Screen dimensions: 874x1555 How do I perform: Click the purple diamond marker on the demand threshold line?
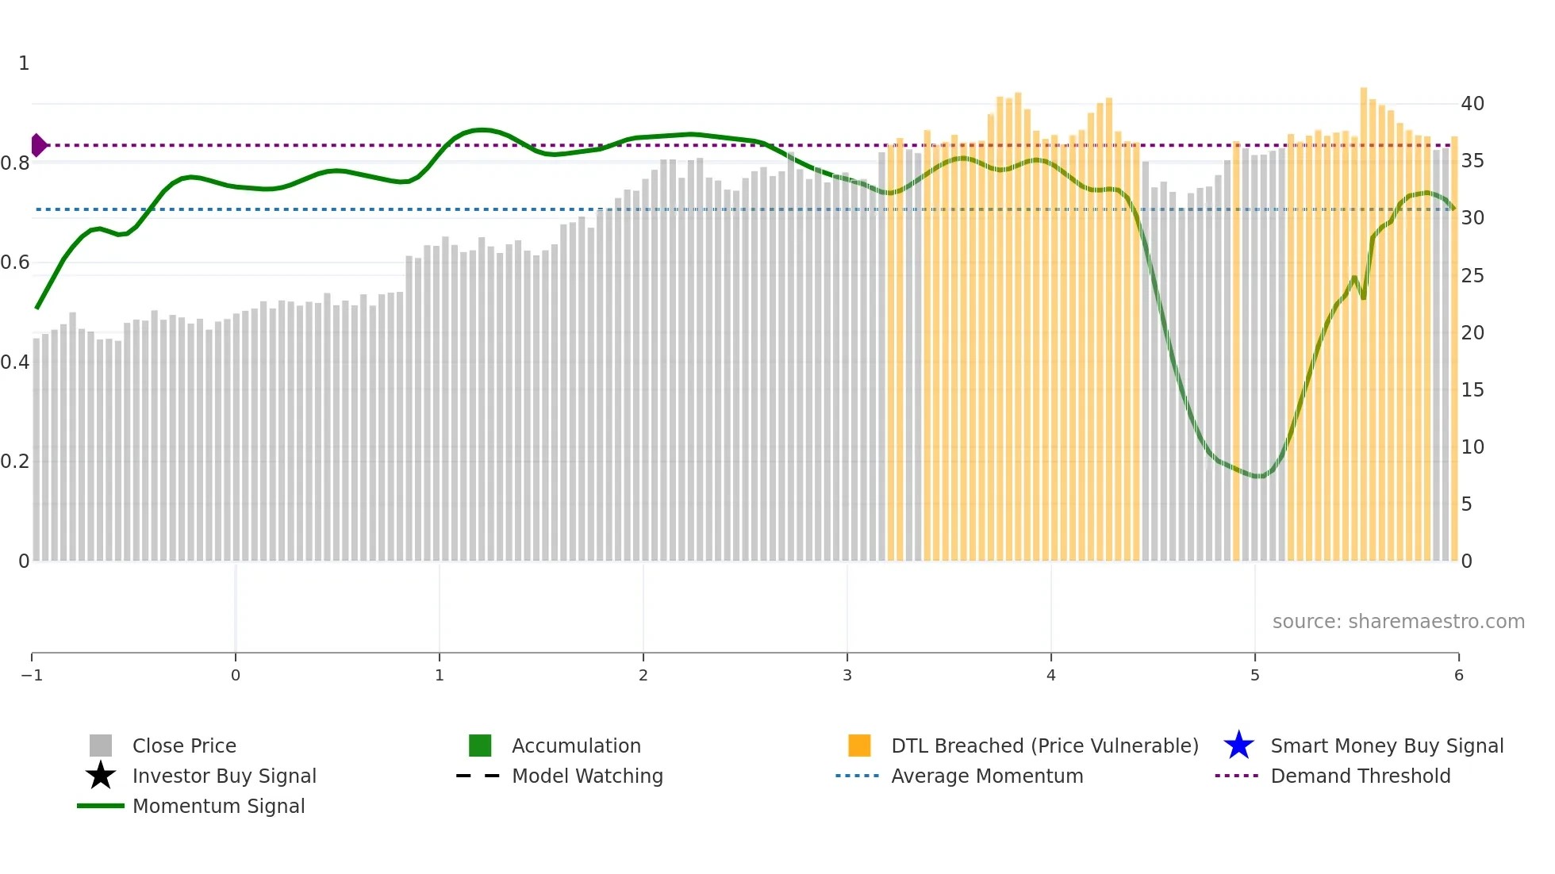[x=38, y=145]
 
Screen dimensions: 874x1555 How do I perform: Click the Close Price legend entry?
[x=183, y=746]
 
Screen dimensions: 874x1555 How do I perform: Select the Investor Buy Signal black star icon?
[x=101, y=776]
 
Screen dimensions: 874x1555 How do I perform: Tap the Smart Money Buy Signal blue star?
[x=1238, y=746]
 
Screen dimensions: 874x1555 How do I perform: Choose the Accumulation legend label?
[x=576, y=746]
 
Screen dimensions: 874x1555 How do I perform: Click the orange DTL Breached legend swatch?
[x=859, y=746]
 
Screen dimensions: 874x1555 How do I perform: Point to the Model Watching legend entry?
[x=587, y=776]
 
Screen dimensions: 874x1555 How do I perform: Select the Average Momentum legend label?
[x=987, y=776]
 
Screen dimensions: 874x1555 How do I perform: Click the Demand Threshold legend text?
[x=1360, y=776]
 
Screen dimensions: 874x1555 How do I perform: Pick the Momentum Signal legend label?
[x=218, y=806]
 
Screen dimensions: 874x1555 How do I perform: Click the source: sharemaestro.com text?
[x=1398, y=621]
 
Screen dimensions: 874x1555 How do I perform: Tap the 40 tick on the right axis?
[x=1472, y=104]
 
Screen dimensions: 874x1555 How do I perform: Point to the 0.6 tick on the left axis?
[x=15, y=263]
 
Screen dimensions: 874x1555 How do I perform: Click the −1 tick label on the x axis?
[x=32, y=675]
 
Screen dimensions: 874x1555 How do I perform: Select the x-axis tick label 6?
[x=1458, y=675]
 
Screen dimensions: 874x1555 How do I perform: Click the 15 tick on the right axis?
[x=1472, y=390]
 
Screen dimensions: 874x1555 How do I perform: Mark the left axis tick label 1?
[x=24, y=63]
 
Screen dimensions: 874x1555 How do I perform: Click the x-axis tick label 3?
[x=847, y=675]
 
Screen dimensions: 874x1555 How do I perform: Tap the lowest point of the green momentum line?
[x=1259, y=477]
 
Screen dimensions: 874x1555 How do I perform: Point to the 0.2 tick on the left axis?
[x=15, y=462]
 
